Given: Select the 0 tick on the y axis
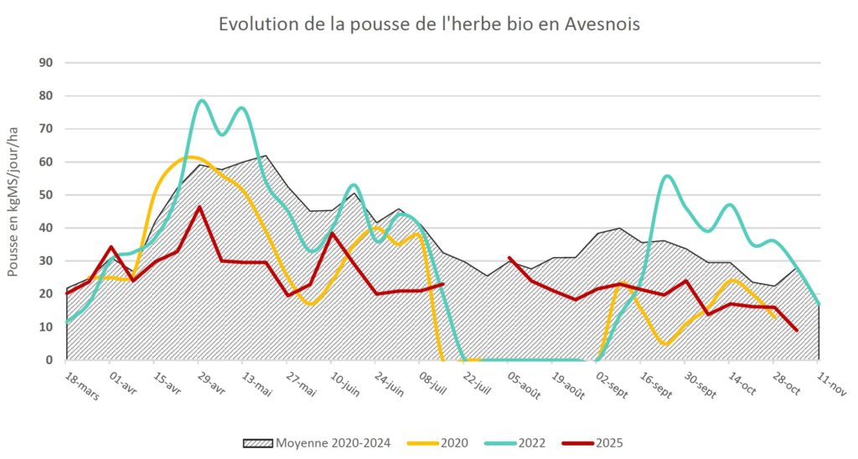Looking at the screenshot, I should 49,360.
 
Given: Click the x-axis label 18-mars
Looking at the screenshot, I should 81,386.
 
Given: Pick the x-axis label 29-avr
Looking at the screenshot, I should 210,384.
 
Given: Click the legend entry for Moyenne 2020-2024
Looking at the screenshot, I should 317,442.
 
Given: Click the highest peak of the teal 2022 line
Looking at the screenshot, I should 201,101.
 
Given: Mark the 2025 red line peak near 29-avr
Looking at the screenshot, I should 199,207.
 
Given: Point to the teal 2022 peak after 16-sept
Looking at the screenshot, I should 667,176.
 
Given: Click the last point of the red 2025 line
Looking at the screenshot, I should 796,330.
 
